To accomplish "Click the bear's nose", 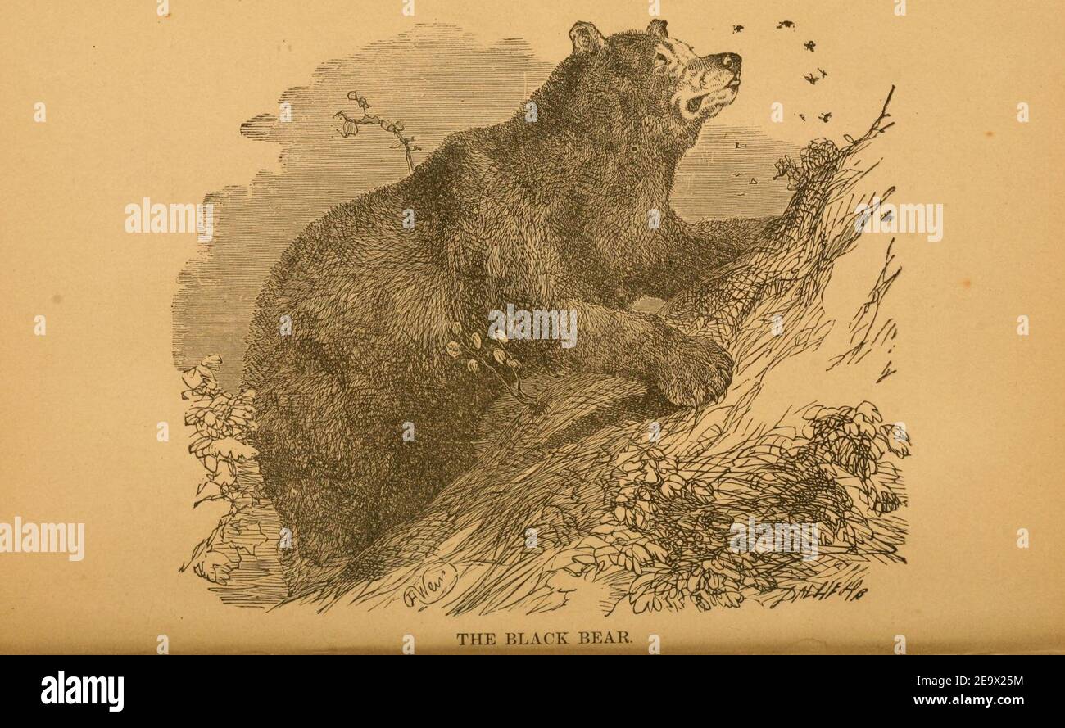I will pos(728,62).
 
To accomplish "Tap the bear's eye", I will pos(659,59).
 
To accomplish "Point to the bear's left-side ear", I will pos(587,38).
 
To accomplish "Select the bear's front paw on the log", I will pos(696,373).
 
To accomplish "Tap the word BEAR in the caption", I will pos(605,639).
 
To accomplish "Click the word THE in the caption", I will pos(474,639).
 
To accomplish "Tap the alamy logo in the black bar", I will pos(82,691).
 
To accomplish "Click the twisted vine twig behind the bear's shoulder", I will pos(377,127).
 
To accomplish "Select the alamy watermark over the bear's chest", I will pos(532,325).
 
